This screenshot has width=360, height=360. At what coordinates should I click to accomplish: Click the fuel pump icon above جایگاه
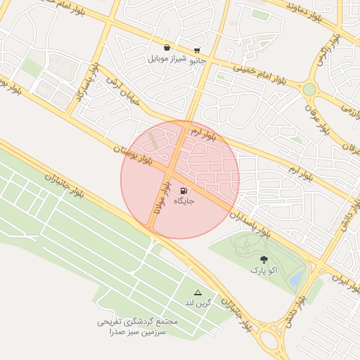[x=184, y=190]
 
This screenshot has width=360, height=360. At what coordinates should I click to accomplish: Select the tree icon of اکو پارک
[x=264, y=259]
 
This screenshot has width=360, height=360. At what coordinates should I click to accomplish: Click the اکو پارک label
[x=264, y=270]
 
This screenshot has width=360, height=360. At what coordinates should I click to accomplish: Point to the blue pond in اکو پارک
[x=296, y=279]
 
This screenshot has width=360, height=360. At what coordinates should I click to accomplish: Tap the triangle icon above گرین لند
[x=198, y=292]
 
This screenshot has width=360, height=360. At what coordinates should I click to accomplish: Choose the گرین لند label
[x=198, y=303]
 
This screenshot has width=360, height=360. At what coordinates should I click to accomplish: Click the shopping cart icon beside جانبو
[x=197, y=50]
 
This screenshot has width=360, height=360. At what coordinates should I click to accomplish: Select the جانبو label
[x=196, y=60]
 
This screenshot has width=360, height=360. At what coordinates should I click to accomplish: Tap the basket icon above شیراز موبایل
[x=167, y=48]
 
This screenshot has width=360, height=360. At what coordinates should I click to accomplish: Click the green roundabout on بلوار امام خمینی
[x=309, y=89]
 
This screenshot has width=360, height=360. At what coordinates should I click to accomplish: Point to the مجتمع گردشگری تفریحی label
[x=138, y=321]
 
